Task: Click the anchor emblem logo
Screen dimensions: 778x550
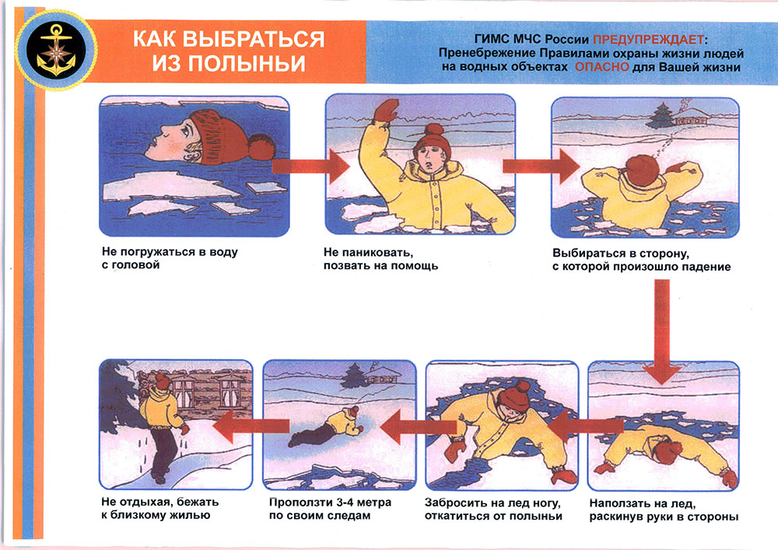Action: pos(56,50)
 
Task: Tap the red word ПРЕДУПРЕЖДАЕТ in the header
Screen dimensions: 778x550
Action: pos(649,39)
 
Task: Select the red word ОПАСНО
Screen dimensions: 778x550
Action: pos(602,66)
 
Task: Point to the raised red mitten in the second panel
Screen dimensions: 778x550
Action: pos(386,110)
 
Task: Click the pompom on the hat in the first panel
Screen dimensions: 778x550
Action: pos(261,146)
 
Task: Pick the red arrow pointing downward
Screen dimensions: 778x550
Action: pos(661,331)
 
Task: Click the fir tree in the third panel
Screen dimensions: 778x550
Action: pos(661,117)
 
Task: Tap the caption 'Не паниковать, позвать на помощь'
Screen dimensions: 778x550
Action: pos(380,259)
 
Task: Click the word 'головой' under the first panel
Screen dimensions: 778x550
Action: pos(131,264)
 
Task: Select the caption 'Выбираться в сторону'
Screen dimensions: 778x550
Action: pos(621,254)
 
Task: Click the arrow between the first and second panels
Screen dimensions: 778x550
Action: pos(310,166)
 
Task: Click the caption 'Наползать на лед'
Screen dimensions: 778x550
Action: pos(642,504)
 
